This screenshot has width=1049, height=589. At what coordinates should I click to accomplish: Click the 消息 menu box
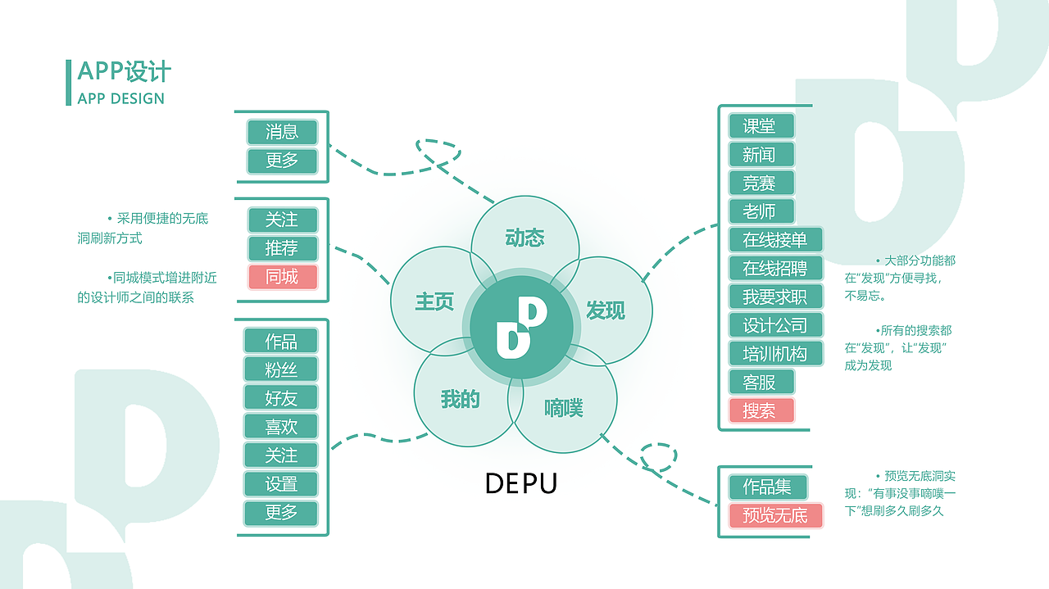click(x=282, y=132)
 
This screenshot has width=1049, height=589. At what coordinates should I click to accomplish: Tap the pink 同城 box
click(x=282, y=277)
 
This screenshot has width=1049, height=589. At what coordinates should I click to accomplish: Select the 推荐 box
click(x=282, y=248)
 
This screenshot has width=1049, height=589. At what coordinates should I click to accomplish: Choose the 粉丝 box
click(x=281, y=369)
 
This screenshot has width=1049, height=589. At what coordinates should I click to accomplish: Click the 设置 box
click(x=281, y=484)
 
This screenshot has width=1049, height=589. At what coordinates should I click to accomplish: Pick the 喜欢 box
click(x=281, y=427)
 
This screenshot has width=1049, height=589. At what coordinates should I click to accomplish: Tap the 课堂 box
click(x=761, y=126)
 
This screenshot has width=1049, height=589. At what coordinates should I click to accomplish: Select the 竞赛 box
click(x=761, y=183)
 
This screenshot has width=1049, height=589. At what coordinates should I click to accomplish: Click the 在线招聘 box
click(x=775, y=269)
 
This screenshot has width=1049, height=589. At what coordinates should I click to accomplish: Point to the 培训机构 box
click(x=775, y=354)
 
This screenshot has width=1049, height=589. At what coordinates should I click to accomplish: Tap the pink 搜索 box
click(x=761, y=410)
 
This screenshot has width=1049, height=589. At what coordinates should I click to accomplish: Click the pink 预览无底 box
click(x=775, y=515)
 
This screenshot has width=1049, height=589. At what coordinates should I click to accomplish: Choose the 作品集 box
click(x=768, y=487)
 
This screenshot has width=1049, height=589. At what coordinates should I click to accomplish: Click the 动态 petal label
click(x=524, y=238)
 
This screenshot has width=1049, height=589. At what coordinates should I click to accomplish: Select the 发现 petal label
click(x=606, y=310)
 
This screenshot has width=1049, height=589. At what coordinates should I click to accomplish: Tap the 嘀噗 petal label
click(x=564, y=407)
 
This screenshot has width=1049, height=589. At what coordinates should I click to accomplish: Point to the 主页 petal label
click(x=434, y=301)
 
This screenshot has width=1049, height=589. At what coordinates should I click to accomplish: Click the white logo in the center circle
click(x=521, y=327)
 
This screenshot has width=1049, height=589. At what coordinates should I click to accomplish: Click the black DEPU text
click(x=521, y=483)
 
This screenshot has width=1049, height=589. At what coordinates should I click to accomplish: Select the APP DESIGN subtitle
click(x=121, y=99)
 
